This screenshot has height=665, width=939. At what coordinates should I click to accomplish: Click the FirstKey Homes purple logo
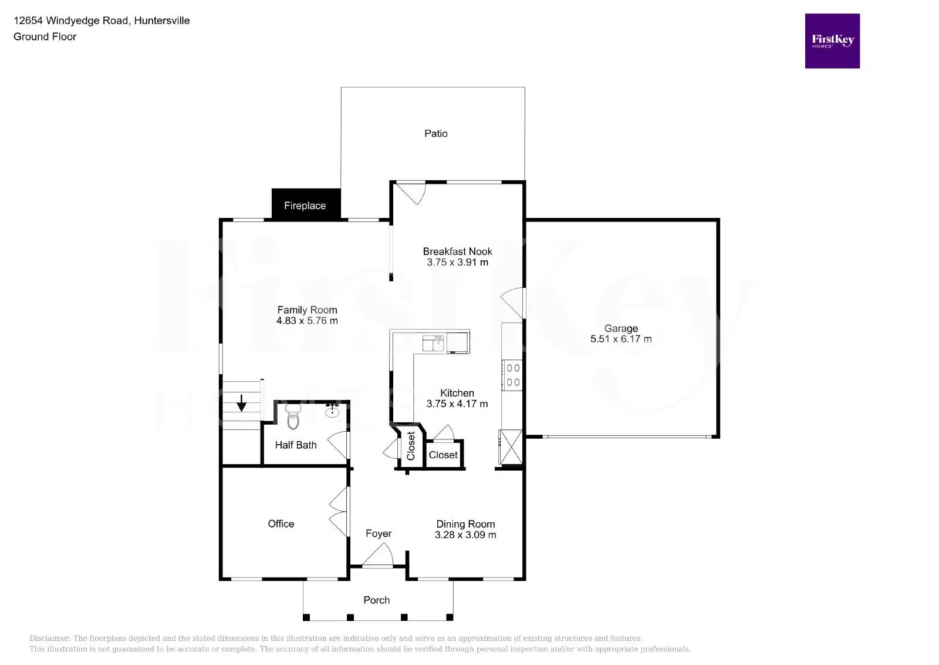832,41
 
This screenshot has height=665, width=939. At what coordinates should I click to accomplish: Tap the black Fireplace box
306,205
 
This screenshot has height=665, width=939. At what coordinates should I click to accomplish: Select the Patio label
435,134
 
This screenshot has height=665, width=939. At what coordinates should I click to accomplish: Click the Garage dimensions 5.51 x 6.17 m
620,339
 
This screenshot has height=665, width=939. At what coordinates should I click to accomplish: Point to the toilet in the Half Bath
293,418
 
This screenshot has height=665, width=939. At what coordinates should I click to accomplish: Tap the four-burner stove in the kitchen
512,375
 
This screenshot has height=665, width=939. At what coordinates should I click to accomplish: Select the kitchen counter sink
433,342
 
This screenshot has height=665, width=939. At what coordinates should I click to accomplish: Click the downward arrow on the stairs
241,404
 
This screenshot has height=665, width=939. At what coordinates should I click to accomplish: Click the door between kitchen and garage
514,303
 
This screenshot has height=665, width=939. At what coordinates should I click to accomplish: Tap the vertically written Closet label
411,446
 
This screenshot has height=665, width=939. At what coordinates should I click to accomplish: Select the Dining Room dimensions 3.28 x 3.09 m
465,535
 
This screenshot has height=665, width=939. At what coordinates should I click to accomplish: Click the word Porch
376,600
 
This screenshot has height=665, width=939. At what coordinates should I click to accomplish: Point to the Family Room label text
307,310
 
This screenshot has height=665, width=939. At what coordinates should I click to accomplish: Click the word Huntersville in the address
162,21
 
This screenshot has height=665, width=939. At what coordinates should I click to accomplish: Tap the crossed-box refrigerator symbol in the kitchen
510,447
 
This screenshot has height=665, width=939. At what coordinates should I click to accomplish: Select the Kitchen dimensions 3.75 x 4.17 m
457,404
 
